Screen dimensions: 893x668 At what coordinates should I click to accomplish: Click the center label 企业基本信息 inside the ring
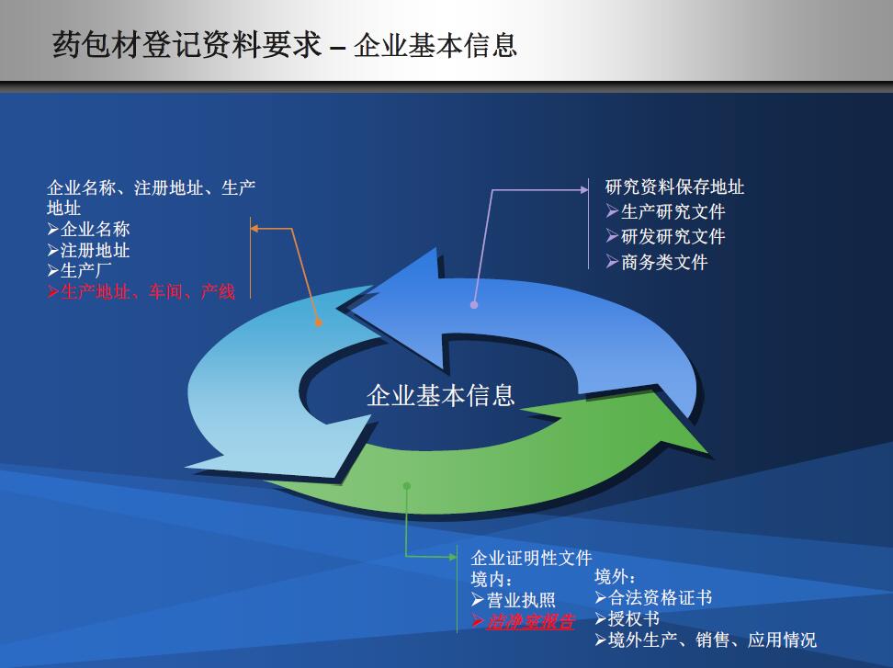441,395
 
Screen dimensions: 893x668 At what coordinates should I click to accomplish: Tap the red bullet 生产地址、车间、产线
141,292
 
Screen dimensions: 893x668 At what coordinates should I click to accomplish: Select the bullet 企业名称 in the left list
89,229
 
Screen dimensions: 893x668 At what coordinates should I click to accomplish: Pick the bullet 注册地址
89,250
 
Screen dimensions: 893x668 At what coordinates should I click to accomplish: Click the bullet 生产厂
79,270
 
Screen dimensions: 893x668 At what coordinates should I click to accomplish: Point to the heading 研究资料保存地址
675,187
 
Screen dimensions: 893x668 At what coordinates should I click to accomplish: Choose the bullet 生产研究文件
666,212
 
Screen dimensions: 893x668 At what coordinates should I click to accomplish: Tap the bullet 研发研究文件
666,236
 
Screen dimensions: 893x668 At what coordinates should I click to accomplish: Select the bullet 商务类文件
657,262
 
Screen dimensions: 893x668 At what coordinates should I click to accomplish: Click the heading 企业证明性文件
531,558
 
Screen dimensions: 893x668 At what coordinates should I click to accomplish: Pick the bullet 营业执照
514,600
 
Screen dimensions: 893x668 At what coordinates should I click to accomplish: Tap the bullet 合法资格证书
654,597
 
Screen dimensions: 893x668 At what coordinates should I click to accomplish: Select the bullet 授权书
627,618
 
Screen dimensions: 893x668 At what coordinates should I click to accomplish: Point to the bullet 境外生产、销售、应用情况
706,640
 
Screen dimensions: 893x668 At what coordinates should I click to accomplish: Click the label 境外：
615,576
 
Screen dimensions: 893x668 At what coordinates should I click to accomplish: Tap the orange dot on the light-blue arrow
319,323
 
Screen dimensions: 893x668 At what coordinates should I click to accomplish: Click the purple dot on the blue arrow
474,305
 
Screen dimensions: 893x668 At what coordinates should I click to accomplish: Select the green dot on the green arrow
407,486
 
